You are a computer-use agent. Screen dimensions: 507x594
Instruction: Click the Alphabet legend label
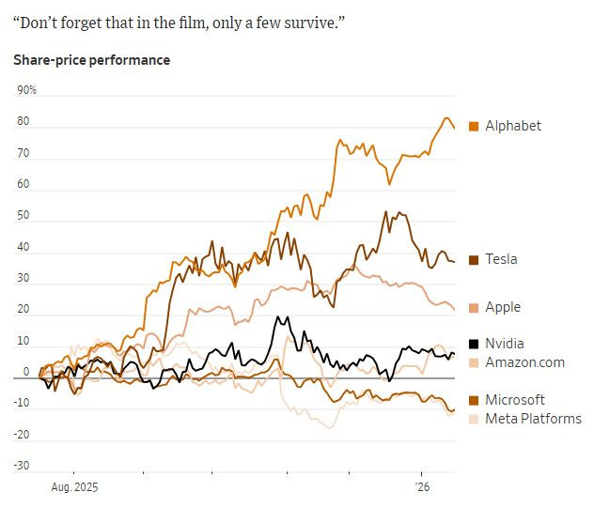click(513, 126)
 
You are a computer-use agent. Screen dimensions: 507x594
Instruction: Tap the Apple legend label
click(503, 307)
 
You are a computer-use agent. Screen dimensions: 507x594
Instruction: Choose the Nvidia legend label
click(505, 344)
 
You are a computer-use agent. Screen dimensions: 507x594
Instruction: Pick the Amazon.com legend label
click(524, 362)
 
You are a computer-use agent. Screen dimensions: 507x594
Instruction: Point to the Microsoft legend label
click(515, 400)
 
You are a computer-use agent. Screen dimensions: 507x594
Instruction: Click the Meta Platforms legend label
click(533, 419)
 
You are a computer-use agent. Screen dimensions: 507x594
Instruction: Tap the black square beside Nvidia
click(474, 344)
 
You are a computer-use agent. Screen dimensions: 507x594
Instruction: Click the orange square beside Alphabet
click(474, 126)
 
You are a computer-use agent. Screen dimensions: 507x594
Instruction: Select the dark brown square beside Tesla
click(474, 259)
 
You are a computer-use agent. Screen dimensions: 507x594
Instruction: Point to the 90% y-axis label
click(26, 90)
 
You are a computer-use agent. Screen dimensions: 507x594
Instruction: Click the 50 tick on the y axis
click(23, 216)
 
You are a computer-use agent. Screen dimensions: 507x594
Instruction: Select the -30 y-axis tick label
click(22, 467)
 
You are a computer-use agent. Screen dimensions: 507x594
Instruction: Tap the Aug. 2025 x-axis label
click(73, 488)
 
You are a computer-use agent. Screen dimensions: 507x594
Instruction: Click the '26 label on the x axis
click(421, 488)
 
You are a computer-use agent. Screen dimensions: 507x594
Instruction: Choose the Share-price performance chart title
click(92, 60)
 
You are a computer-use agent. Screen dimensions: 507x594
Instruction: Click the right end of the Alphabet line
click(455, 128)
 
